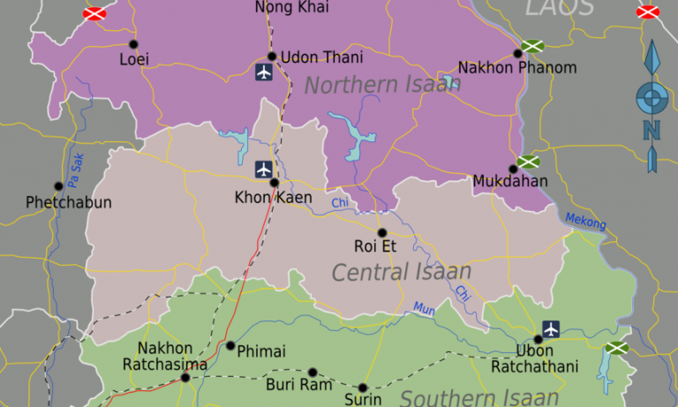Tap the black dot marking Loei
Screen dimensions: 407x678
pos(133,44)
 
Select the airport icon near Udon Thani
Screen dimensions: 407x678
pos(263,72)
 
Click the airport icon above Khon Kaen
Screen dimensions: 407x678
pos(263,169)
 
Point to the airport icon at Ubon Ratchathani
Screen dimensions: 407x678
pos(552,329)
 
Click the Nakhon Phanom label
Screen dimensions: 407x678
pos(517,68)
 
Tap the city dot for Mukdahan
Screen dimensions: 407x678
pos(513,169)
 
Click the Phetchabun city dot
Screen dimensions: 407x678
pos(58,186)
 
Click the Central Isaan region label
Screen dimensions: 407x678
pos(401,272)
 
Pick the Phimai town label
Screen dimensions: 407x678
pos(261,351)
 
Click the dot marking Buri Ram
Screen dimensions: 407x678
pos(312,373)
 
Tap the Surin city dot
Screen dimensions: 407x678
pos(362,387)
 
